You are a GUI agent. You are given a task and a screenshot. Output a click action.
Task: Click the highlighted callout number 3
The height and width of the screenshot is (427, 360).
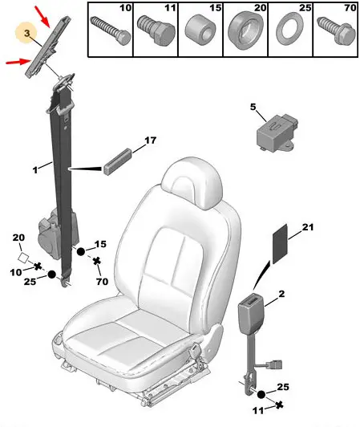coord(26,33)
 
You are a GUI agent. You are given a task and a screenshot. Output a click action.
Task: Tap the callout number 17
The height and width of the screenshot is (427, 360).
coord(150,140)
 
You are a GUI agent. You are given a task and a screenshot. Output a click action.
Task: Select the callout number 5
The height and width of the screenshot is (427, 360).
coord(253,107)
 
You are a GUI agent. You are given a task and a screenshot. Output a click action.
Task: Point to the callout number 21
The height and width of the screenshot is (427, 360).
coord(308,227)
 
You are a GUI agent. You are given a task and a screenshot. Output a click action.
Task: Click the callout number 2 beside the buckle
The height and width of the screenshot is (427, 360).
coord(281,294)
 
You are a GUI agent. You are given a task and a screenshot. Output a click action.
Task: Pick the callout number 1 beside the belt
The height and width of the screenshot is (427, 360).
coord(35,170)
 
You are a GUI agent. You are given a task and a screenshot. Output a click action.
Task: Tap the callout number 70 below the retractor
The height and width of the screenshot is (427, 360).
coord(102,281)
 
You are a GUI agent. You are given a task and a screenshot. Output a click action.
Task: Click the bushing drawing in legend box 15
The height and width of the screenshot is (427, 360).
coord(200,30)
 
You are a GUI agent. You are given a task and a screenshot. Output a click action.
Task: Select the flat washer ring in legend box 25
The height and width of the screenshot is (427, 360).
coord(289,30)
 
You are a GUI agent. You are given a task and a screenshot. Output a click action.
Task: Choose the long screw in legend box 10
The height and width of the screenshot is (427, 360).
coord(110,30)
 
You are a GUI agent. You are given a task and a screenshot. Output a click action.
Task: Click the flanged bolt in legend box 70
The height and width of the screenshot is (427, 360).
coord(336,30)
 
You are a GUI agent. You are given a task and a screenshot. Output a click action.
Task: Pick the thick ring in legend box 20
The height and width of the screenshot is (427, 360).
coord(245,31)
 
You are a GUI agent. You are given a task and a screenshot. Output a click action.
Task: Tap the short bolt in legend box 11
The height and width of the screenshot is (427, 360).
coord(156,31)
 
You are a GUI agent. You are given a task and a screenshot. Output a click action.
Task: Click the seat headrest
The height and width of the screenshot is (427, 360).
coord(192,181)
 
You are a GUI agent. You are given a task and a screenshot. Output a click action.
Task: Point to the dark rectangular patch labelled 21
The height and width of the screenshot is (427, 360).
coord(280,244)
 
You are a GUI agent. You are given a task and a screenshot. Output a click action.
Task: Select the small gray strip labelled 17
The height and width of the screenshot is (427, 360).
coord(118,162)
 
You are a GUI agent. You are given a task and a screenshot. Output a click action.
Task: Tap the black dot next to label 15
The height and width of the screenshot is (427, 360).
coord(81,252)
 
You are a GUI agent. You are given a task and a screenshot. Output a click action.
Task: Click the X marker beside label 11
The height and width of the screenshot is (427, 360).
coord(279,405)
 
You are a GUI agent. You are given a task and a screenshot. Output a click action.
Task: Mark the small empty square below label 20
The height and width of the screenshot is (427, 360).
coord(23,258)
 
